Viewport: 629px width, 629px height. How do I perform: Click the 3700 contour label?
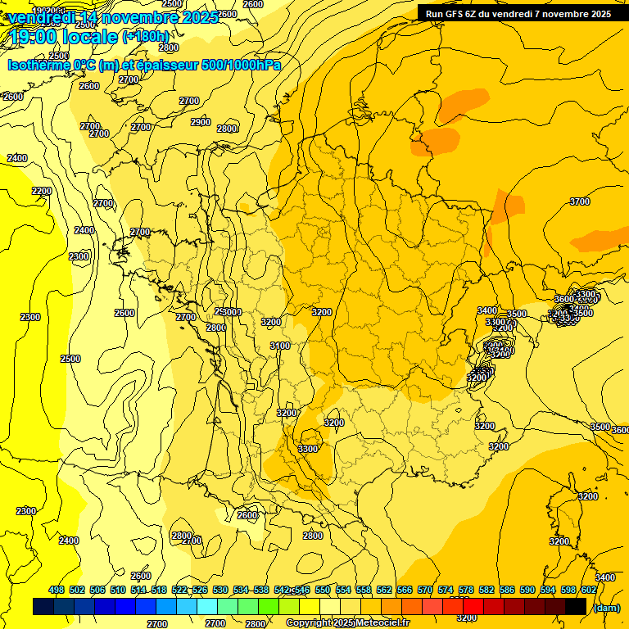tap(580, 201)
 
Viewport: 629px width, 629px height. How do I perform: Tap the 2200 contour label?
tap(42, 191)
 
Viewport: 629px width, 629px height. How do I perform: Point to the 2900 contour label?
tap(201, 122)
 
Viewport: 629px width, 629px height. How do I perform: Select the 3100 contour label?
tap(280, 346)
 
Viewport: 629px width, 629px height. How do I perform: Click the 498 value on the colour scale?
tap(57, 591)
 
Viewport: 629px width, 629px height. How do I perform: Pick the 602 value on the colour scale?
tap(589, 591)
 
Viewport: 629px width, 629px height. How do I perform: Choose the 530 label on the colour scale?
tap(220, 591)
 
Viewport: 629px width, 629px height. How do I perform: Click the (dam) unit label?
tap(607, 608)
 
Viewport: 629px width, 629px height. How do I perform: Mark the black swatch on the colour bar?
tap(576, 607)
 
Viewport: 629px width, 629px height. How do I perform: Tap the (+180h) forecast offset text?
tap(146, 36)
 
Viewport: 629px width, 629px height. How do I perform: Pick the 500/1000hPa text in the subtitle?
tap(238, 66)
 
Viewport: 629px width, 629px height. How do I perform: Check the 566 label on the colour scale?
tap(405, 591)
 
